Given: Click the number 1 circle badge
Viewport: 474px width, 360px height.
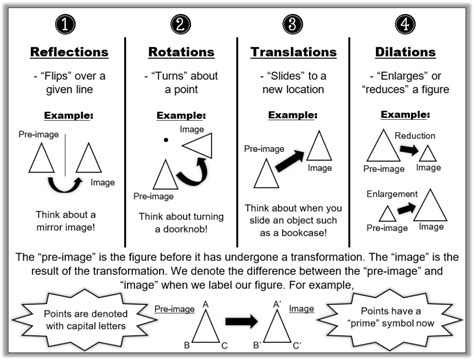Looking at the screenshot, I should click(x=67, y=22).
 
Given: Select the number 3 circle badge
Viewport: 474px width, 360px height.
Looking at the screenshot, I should click(x=291, y=22).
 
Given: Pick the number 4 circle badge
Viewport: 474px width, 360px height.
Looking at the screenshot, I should click(x=402, y=22).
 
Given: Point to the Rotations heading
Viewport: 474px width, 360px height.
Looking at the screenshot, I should click(x=179, y=51).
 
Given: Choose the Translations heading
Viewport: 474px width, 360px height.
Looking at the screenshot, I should click(x=291, y=51).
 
